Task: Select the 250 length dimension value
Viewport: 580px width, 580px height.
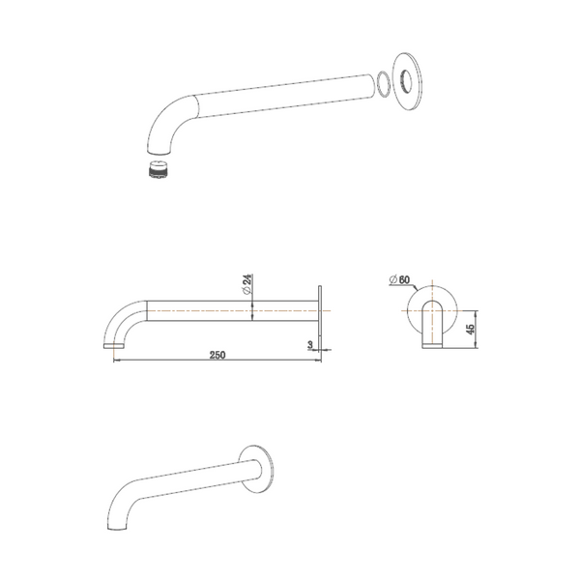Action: [217, 356]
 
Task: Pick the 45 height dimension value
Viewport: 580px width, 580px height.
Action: [471, 329]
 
